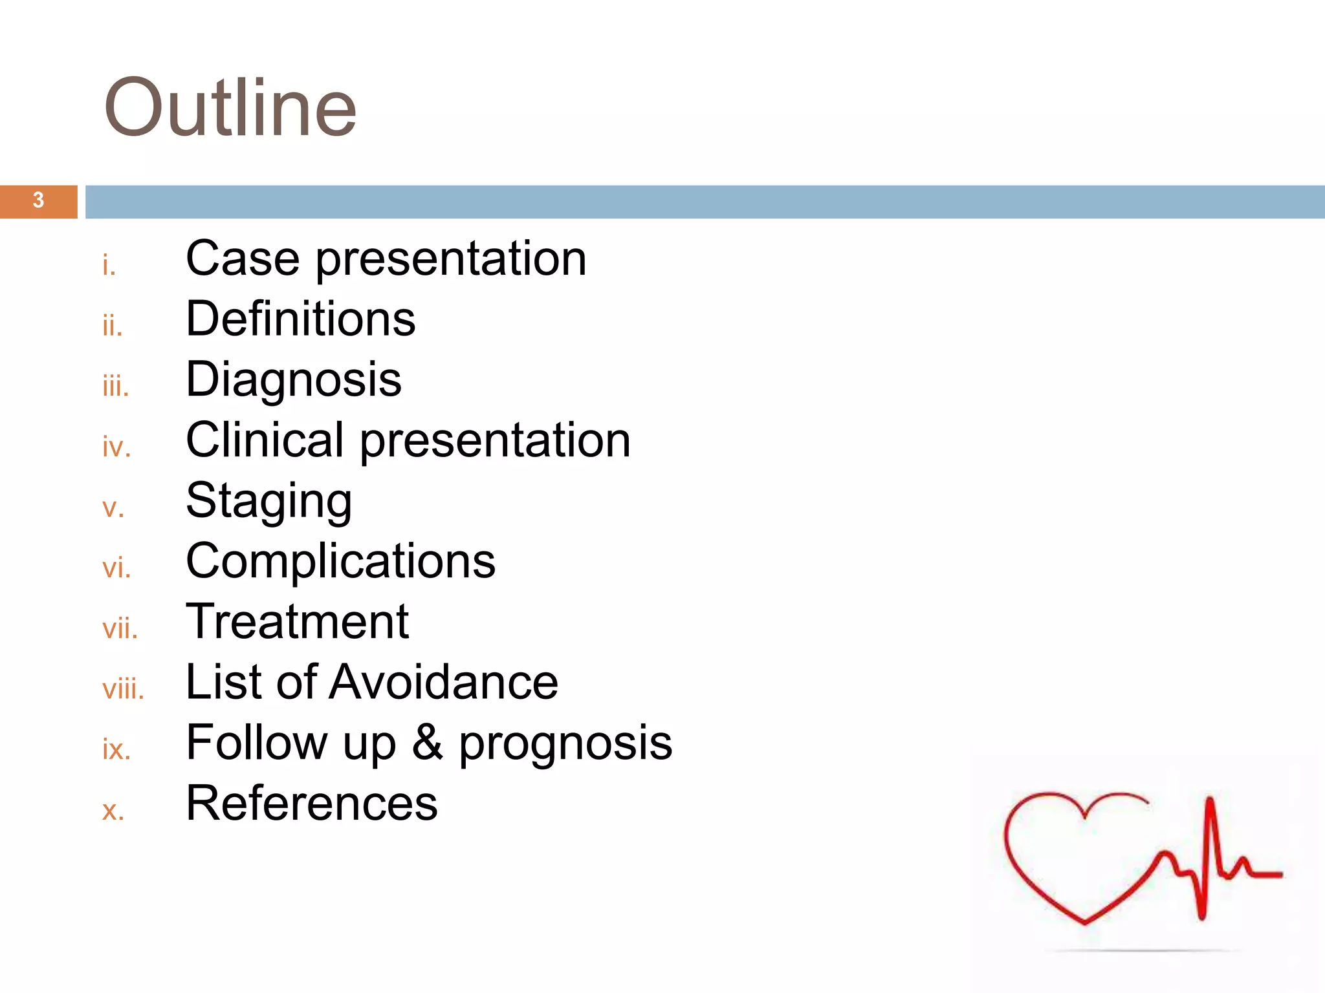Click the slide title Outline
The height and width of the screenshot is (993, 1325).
(230, 108)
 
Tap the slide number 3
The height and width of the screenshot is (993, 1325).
(38, 200)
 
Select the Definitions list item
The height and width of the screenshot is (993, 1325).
(300, 319)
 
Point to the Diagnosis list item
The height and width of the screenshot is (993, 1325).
(293, 379)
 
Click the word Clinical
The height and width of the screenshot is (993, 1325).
(265, 440)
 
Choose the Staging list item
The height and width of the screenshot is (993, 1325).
(268, 501)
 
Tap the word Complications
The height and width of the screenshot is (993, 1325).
(340, 561)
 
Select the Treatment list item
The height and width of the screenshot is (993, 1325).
(297, 621)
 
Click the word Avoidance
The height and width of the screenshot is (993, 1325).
(443, 681)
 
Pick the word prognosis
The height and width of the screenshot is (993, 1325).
(565, 743)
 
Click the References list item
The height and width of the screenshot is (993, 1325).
(311, 803)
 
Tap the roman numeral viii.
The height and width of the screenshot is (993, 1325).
(123, 689)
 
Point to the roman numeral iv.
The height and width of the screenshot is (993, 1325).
(116, 447)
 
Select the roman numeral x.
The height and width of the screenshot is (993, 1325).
(113, 810)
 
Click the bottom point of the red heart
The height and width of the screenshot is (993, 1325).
(1086, 921)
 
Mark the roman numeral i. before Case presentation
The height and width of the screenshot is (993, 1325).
(109, 265)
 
